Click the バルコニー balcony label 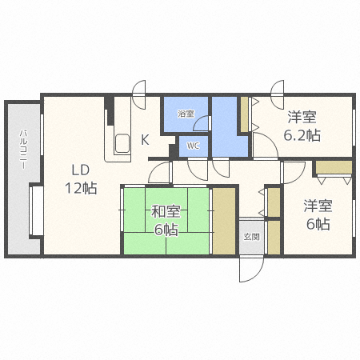(x=24, y=149)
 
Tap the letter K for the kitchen (x=145, y=140)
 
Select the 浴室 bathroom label (x=186, y=114)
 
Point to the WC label (x=194, y=146)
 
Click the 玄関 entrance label (x=252, y=237)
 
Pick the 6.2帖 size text (x=302, y=135)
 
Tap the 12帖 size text (x=81, y=188)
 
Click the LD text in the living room (x=81, y=170)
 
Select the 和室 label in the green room (x=166, y=212)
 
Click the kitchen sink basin (x=122, y=144)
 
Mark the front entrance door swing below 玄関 (x=251, y=269)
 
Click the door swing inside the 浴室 (x=202, y=123)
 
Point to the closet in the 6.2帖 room (x=244, y=114)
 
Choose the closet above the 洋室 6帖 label (x=334, y=167)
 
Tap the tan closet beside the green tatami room (x=224, y=221)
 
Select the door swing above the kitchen (x=139, y=94)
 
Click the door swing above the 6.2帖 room (x=278, y=94)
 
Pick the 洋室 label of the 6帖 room (x=318, y=206)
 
